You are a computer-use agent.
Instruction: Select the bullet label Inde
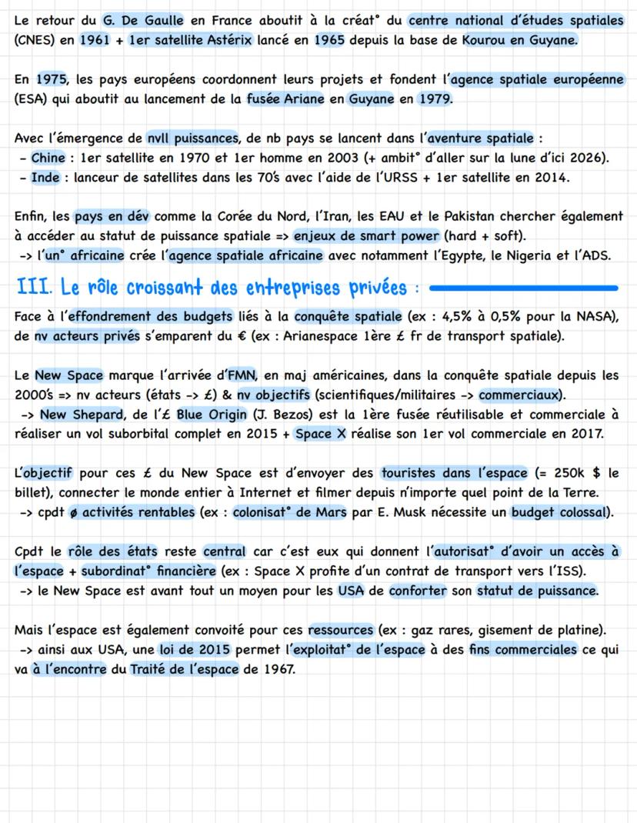click(x=45, y=178)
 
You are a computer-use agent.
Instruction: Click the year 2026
click(x=587, y=158)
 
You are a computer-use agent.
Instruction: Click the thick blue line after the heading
click(x=523, y=288)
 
